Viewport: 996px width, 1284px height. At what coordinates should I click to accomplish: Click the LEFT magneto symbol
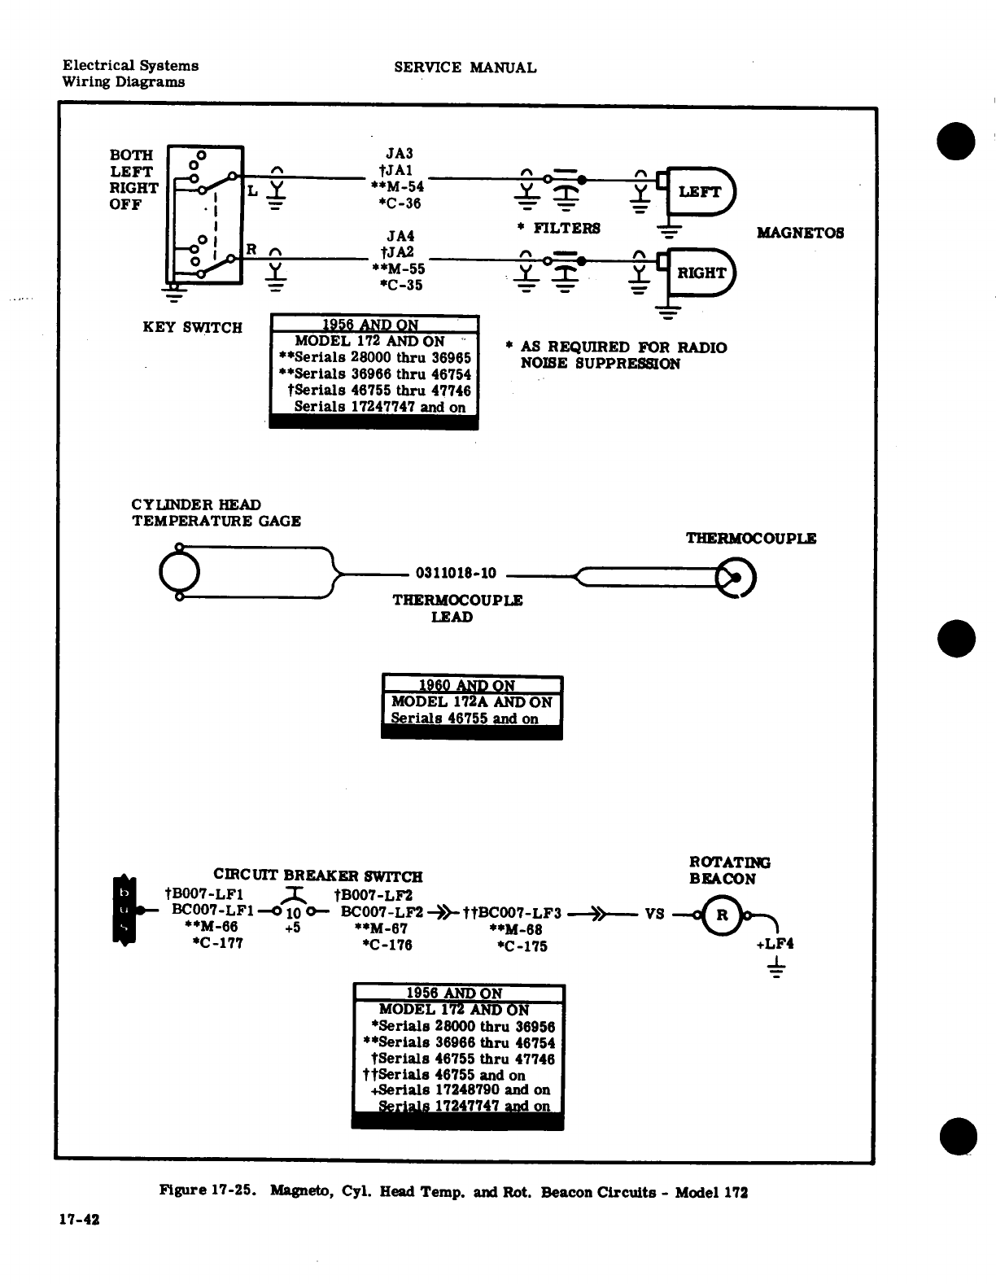700,192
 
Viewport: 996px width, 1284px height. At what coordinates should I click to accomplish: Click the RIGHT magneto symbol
700,273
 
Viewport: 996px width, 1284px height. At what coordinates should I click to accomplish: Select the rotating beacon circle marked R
722,913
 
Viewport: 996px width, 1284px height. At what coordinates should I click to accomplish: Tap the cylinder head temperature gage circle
179,573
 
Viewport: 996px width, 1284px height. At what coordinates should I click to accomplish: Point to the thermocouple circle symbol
736,578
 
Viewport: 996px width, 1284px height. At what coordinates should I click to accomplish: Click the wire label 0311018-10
456,573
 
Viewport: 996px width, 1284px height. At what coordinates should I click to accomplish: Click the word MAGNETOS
800,233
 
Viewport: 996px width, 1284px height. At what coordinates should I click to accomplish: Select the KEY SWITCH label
192,328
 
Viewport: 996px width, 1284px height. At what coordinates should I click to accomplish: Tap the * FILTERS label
558,229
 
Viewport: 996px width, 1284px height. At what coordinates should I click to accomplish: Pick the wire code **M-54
398,187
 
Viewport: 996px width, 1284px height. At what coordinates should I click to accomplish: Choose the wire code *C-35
400,285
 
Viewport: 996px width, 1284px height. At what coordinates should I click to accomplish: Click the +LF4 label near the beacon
775,944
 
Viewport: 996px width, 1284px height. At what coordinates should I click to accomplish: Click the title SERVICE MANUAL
465,68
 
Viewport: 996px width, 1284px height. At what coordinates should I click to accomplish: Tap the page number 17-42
78,1220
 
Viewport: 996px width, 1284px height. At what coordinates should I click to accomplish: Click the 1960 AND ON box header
471,685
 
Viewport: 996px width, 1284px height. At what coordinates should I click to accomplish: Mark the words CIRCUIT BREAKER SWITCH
317,876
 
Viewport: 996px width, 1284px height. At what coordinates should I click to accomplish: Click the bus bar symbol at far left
124,910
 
